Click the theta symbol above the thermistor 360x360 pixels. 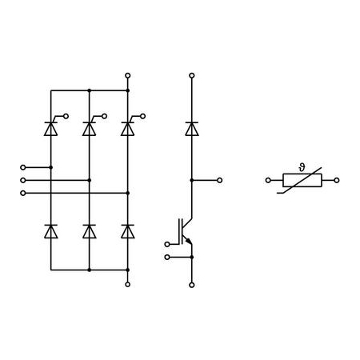pos(302,167)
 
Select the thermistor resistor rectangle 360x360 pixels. pos(302,180)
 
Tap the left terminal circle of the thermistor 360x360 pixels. pos(268,180)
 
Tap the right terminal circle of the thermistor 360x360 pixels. pos(337,180)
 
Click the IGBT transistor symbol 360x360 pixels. pos(186,231)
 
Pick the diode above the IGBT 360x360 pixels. pos(192,129)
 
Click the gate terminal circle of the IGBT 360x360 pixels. pos(167,244)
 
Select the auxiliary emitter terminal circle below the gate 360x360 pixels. pos(167,257)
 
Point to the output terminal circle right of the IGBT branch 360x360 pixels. pos(219,180)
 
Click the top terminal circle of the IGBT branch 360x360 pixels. pos(192,75)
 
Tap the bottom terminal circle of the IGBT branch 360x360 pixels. pos(192,285)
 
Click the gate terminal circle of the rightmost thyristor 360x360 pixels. pos(143,116)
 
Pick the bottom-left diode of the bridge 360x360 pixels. pos(51,231)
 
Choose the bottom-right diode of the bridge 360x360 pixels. pos(128,231)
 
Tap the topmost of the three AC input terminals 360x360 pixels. pos(23,167)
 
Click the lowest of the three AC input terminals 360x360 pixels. pos(23,193)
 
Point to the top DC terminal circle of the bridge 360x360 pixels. pos(128,75)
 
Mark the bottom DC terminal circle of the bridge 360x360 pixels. pos(128,285)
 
